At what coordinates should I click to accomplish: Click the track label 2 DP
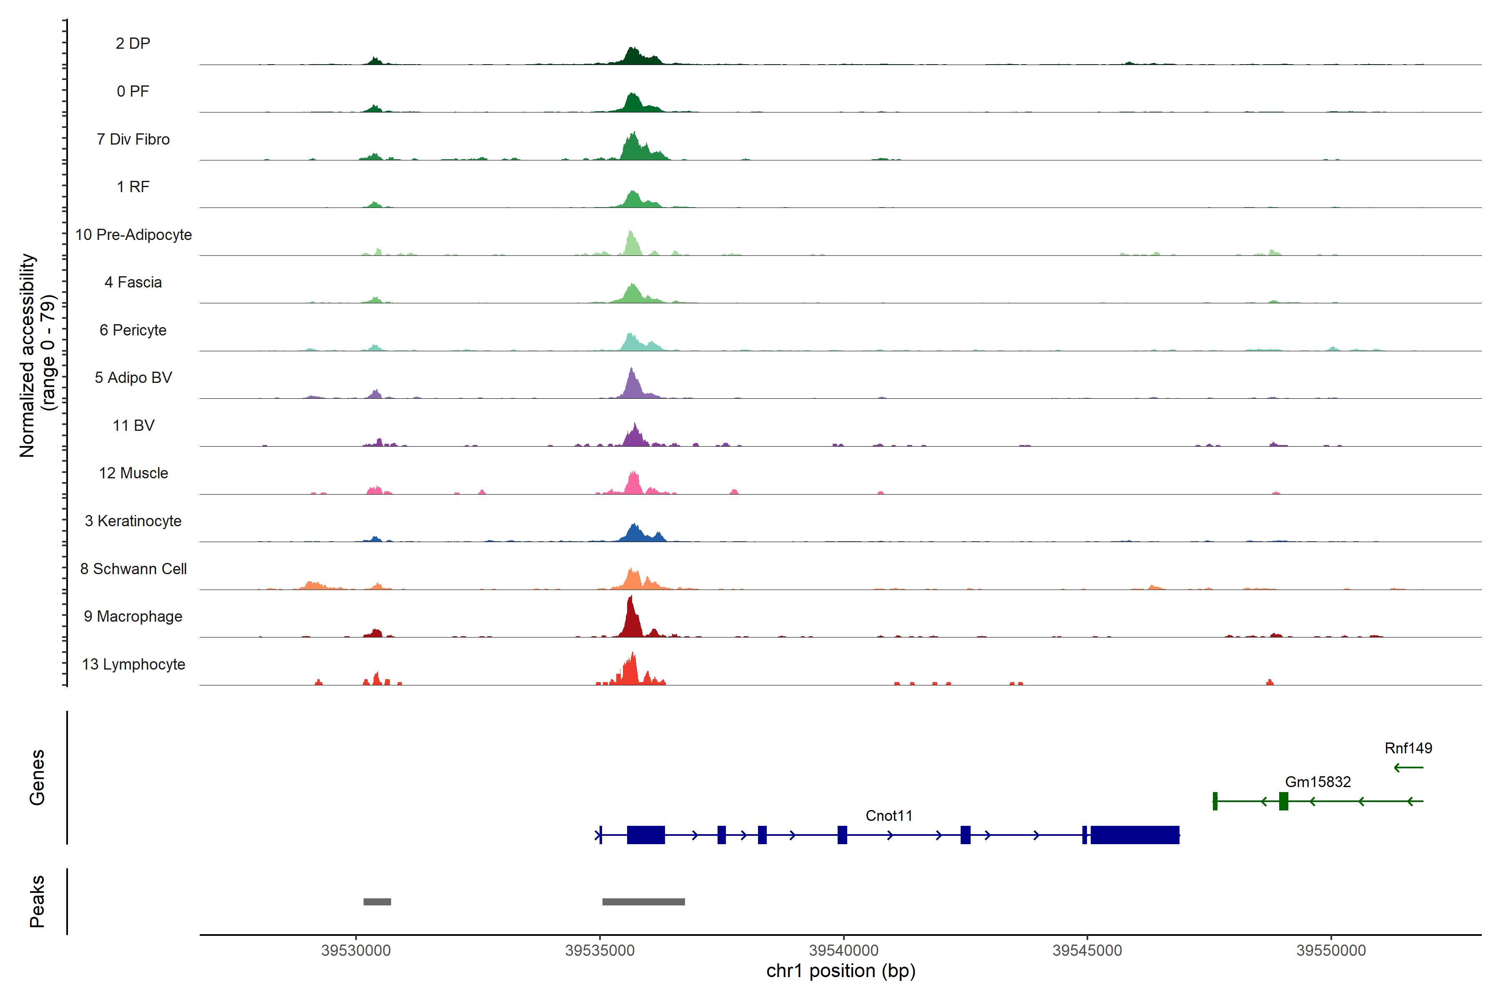133,43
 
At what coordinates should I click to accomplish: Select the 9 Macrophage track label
133,617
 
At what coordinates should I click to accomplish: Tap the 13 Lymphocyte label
133,665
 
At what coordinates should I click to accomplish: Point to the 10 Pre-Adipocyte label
133,235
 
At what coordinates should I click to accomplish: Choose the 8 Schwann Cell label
133,569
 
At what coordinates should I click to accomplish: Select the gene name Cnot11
889,816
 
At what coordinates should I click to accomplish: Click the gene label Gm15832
1317,782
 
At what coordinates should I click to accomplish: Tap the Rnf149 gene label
1408,748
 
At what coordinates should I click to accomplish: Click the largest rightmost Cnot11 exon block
1134,835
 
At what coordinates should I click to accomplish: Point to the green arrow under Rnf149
1408,767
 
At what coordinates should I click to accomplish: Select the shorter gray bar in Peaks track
377,902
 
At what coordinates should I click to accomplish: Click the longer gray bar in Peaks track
643,902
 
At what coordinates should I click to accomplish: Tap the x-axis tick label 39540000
843,950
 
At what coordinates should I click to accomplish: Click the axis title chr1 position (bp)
841,971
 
